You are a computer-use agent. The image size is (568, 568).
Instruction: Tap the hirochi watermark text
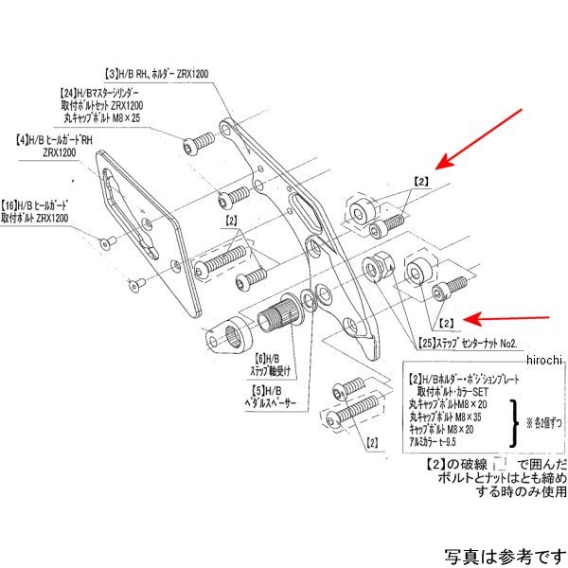point(543,360)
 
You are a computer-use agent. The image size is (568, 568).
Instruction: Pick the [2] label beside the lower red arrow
point(447,322)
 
